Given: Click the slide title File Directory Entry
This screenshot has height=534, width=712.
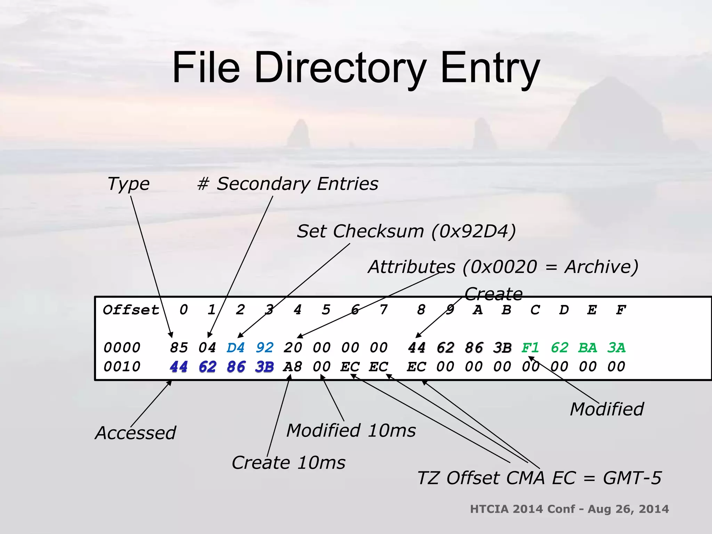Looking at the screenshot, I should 356,68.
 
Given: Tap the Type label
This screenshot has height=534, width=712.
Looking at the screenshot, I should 129,184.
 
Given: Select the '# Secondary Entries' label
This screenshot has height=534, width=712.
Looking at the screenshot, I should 288,184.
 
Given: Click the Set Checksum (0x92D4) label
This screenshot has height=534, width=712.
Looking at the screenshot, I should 406,232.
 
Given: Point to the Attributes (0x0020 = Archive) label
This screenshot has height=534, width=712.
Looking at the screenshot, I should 503,267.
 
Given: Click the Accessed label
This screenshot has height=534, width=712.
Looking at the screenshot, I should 136,433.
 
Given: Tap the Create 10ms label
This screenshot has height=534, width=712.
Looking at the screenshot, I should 289,463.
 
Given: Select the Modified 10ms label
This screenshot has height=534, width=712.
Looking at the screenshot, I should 351,431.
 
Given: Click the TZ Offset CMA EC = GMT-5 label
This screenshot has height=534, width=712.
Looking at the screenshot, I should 539,478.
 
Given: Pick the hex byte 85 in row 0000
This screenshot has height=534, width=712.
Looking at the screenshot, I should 179,348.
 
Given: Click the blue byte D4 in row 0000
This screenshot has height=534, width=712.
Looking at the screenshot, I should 236,348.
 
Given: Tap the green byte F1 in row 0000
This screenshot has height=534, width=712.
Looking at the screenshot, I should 531,348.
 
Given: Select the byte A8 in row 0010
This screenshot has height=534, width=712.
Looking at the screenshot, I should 293,367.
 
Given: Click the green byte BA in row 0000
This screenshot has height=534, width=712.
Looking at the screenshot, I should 588,348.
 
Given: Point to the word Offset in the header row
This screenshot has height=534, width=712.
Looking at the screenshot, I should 131,310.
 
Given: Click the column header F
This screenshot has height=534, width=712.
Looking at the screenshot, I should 621,310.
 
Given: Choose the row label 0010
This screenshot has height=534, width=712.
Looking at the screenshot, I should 122,367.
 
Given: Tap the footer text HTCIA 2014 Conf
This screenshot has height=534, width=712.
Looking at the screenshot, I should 523,509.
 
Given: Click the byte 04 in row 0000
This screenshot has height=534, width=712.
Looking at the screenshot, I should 207,348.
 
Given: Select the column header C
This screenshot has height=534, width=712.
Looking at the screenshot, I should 535,310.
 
